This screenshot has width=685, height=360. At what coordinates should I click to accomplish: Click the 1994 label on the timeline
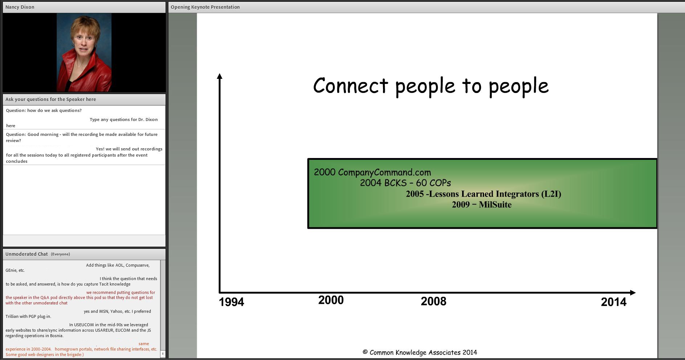pos(231,302)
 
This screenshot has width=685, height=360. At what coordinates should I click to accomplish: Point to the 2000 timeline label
pos(331,300)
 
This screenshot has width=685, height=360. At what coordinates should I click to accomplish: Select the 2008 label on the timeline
pos(433,301)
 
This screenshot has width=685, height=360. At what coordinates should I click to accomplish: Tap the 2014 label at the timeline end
pos(613,302)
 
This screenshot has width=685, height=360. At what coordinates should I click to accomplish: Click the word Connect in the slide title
pos(351,86)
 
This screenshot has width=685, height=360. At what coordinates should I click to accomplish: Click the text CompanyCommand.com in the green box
pos(384,172)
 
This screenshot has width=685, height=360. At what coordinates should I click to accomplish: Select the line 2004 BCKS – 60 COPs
pos(405,183)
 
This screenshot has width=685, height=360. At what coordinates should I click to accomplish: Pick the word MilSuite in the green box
pos(495,205)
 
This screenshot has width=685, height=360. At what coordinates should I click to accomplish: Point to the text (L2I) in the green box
pos(551,194)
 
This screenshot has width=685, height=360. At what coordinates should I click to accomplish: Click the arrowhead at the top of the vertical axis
pos(219,76)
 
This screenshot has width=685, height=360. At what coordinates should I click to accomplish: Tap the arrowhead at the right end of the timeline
pos(633,292)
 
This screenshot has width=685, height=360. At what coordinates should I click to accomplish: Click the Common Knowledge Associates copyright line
pos(420,352)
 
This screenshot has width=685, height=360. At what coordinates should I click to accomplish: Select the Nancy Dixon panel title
pos(20,7)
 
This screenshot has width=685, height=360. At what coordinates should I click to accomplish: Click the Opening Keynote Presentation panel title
pos(205,7)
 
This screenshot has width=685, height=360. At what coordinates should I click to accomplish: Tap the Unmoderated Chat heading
pos(26,254)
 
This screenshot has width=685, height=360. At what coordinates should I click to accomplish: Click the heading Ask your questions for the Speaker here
pos(51,99)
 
